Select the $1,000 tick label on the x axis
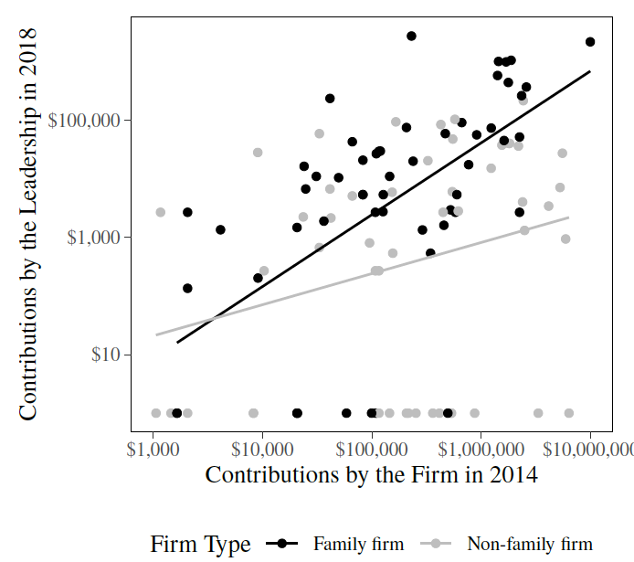pos(153,450)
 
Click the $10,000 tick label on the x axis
pos(262,450)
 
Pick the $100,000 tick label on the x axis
pos(372,450)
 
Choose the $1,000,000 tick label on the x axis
pos(481,450)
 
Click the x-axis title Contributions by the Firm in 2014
pos(371,475)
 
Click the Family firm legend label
pos(358,545)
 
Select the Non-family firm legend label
pos(530,545)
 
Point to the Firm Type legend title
pos(200,545)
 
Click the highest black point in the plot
pos(411,36)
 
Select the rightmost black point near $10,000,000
pos(590,42)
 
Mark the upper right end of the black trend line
pos(590,70)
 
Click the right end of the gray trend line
pos(568,217)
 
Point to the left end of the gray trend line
pos(156,334)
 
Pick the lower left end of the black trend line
pos(177,343)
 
